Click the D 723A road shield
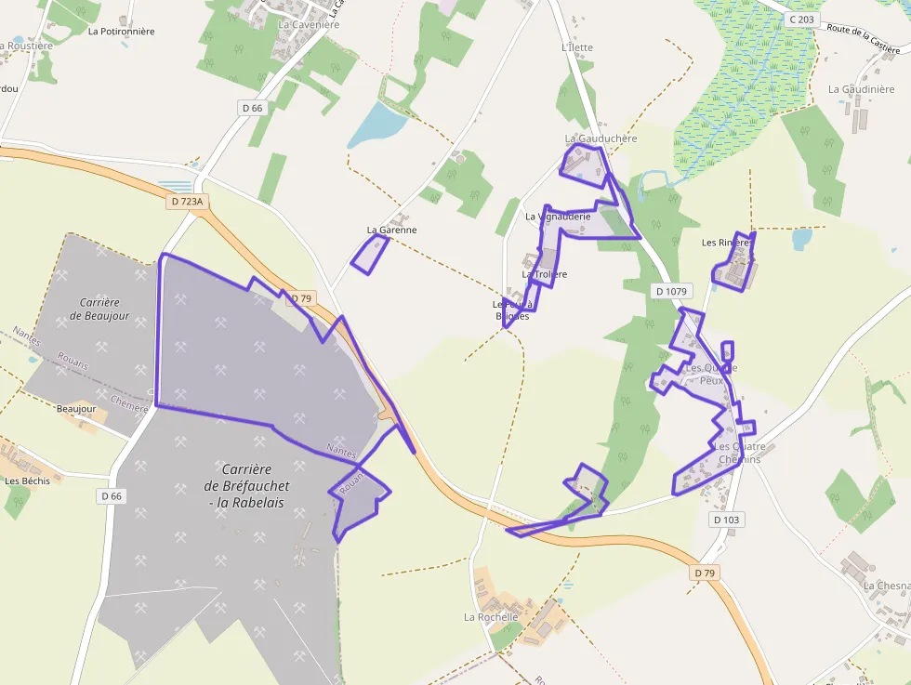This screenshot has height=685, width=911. point(187,201)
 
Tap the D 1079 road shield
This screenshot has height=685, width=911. point(670,291)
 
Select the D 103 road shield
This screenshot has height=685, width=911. point(726,520)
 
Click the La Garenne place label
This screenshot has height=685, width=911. point(391,230)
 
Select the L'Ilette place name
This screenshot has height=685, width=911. point(576,47)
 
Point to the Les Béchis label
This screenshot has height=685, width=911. point(28,481)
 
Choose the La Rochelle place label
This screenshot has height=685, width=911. point(491,616)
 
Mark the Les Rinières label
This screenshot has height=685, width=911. point(726,243)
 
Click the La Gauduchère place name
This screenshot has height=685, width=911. point(601,138)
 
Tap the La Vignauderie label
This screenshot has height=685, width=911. point(558,217)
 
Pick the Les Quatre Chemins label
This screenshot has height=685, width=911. point(738,453)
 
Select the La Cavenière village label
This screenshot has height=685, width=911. point(309,24)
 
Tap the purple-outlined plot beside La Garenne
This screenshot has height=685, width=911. point(370,254)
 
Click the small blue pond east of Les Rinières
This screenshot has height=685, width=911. point(801,239)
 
